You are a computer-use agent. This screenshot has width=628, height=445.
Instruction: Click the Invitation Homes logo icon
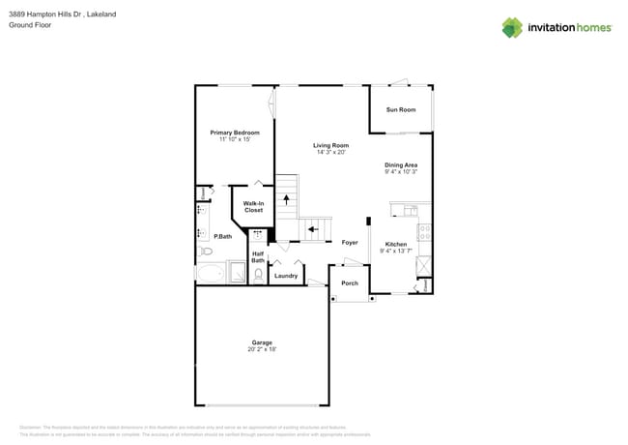click(x=511, y=27)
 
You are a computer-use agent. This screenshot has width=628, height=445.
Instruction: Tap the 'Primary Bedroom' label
click(x=235, y=133)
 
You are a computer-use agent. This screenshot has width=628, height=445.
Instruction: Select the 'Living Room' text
click(x=330, y=145)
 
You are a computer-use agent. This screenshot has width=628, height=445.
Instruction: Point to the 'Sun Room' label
click(x=400, y=110)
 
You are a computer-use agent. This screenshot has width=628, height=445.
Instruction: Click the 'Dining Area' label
click(x=400, y=165)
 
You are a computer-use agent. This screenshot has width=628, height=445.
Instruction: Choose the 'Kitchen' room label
click(x=396, y=244)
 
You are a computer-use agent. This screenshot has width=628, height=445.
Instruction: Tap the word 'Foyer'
click(x=350, y=243)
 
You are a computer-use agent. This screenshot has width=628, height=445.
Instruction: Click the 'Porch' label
click(x=350, y=283)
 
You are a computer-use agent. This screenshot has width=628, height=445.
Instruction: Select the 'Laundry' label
click(x=286, y=276)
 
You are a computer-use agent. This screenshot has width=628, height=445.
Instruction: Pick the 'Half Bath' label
click(x=258, y=257)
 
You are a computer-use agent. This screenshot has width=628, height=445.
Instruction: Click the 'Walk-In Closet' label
click(x=253, y=206)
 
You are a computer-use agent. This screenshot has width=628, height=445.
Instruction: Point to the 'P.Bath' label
click(x=222, y=236)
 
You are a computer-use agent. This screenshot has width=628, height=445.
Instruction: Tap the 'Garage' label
click(x=262, y=342)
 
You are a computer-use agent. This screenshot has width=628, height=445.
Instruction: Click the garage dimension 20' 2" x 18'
click(x=262, y=350)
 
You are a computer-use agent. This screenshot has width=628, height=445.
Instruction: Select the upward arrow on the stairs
click(x=286, y=200)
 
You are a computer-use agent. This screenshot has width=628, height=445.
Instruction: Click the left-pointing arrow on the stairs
click(x=313, y=230)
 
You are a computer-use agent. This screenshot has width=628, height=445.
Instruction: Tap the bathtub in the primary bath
click(x=210, y=273)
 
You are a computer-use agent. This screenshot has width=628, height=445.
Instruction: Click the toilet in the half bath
click(x=258, y=275)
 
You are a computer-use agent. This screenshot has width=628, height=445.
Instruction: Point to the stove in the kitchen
click(x=423, y=232)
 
